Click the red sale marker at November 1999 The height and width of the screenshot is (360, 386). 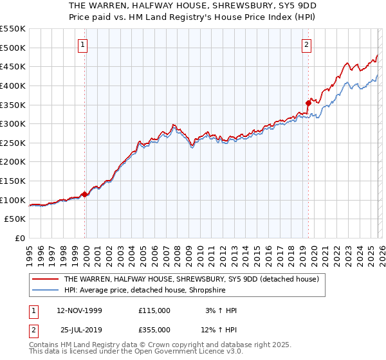click(84, 194)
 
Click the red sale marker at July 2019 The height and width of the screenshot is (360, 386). click(308, 102)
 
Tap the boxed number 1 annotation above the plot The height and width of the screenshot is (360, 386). click(84, 44)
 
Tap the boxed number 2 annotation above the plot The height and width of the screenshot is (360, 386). click(307, 44)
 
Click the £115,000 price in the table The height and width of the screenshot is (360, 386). click(154, 310)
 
